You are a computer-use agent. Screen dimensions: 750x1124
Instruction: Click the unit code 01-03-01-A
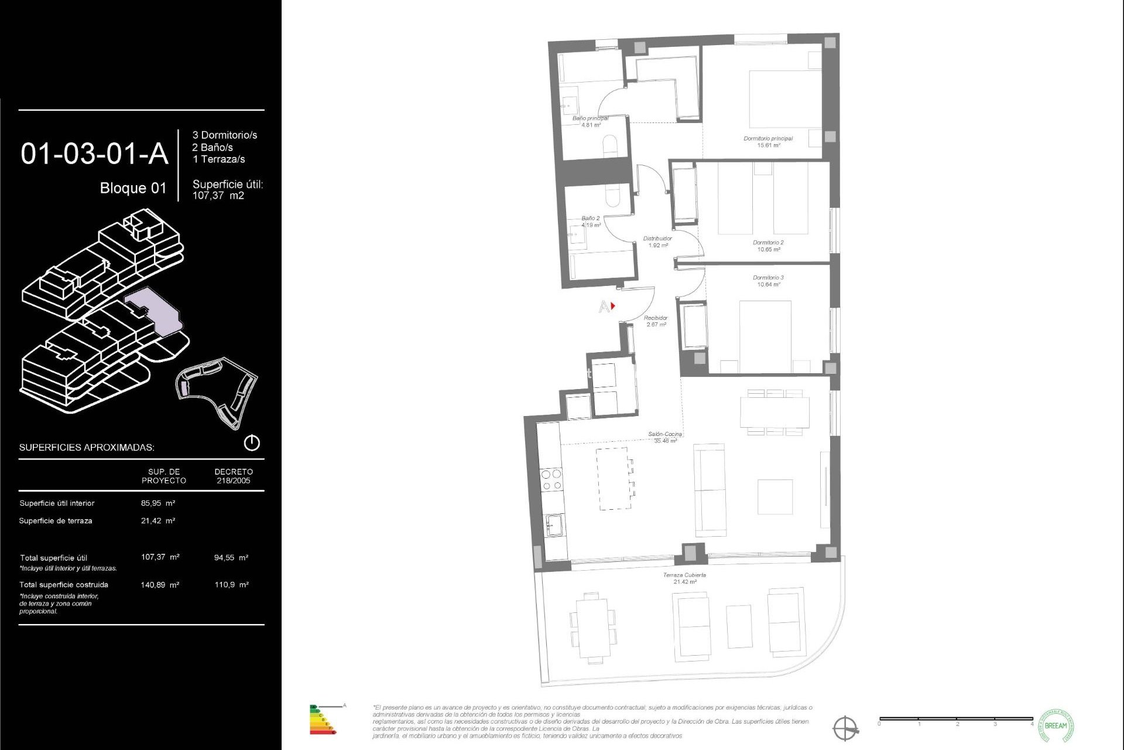(94, 154)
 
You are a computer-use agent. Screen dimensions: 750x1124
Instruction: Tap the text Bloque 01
(133, 188)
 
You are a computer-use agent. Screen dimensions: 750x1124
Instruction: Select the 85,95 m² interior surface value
(158, 503)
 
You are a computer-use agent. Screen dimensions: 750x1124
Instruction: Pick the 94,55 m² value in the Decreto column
(231, 558)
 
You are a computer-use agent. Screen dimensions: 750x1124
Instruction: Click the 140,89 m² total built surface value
(160, 585)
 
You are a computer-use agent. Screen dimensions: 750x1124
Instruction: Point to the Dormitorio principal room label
(768, 139)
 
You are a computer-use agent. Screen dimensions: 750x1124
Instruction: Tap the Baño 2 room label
(590, 218)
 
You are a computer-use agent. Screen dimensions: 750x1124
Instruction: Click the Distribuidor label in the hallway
(657, 238)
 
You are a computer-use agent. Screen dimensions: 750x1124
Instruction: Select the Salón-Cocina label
(665, 434)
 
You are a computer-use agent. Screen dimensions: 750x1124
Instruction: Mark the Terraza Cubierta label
(684, 575)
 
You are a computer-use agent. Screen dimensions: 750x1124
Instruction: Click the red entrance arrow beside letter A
(613, 306)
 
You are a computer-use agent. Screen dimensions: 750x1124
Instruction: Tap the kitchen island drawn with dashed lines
(614, 478)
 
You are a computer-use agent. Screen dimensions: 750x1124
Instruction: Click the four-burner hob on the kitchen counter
(551, 479)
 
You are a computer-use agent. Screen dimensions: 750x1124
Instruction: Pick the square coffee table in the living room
(775, 497)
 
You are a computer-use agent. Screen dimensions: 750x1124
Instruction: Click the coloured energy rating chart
(323, 720)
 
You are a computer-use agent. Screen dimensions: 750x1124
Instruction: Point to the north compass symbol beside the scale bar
(845, 728)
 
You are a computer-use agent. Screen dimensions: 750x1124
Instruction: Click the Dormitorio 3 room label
(768, 278)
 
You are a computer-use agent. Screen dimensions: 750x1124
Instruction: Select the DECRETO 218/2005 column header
(234, 476)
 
